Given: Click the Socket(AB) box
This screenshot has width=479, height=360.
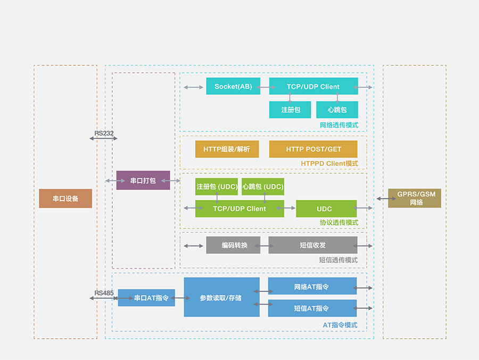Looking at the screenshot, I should [233, 86].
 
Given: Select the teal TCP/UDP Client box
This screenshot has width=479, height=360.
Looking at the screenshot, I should [313, 86].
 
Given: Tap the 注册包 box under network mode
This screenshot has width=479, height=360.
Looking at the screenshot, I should [290, 110].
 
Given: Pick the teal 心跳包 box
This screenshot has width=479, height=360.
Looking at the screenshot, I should [337, 110].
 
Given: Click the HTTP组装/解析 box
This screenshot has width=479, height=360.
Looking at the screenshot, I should [227, 149].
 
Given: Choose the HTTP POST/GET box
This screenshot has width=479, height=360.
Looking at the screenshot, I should [313, 149].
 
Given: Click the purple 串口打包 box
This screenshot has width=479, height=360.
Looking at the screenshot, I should [143, 180].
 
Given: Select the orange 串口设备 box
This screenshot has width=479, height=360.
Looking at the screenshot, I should [65, 198].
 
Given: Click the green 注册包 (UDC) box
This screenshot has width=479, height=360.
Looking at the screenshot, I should [217, 187].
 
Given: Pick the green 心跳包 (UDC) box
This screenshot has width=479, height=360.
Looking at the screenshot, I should [263, 187].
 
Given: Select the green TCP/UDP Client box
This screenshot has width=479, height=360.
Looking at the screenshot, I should [240, 208].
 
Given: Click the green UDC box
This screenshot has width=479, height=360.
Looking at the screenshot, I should [326, 208].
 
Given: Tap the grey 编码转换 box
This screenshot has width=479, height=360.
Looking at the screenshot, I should [233, 245].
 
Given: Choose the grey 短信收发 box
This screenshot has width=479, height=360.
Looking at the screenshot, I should [313, 245].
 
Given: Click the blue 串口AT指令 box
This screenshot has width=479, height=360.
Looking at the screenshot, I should [146, 298].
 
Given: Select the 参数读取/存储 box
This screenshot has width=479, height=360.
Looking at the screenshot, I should [221, 297].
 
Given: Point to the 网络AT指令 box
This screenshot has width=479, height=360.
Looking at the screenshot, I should [312, 287].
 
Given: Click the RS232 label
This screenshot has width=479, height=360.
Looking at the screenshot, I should [104, 133].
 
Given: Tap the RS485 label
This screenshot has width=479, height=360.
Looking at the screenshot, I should [104, 293].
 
